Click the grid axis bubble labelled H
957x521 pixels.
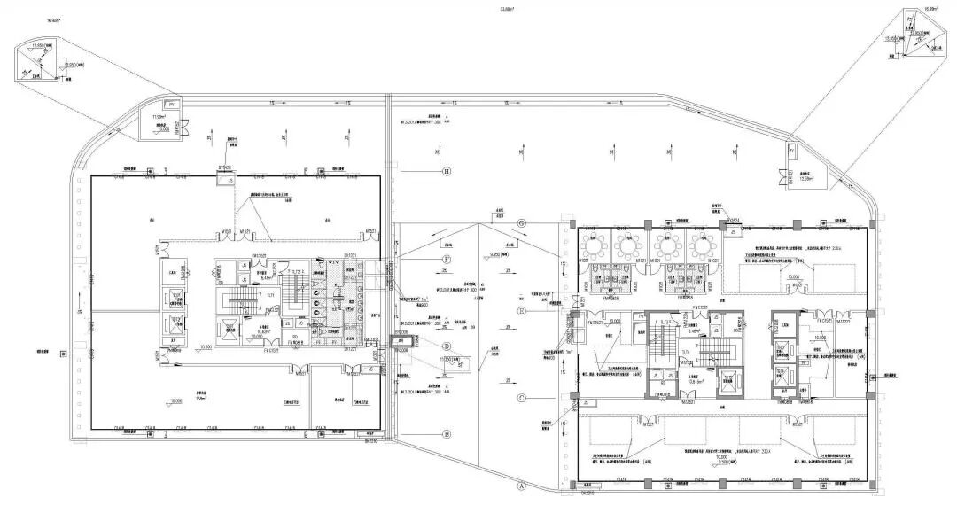[447, 171]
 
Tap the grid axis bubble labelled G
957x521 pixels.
[522, 223]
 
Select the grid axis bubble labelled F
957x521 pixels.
[447, 258]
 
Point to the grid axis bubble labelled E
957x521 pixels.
[522, 311]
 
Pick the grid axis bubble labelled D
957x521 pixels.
[447, 346]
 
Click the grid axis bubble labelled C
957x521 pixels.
[522, 398]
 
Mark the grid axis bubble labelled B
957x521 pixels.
[447, 433]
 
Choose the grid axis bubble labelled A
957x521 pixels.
[522, 486]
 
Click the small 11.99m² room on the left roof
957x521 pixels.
[163, 122]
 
